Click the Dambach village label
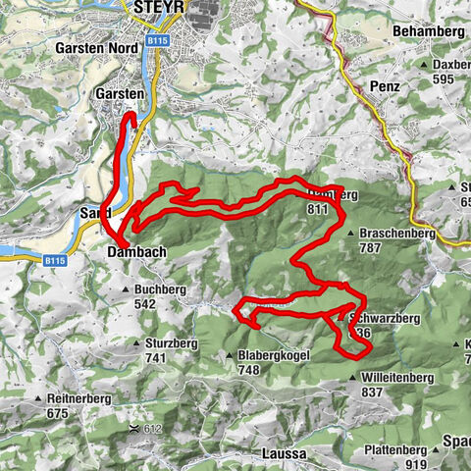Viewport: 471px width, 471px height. (134, 252)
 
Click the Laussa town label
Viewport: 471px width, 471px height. (285, 454)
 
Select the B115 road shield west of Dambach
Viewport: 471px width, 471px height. (56, 261)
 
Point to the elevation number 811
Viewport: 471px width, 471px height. (316, 209)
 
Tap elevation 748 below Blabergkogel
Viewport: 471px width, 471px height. (247, 370)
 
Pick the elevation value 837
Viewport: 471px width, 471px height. (371, 392)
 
